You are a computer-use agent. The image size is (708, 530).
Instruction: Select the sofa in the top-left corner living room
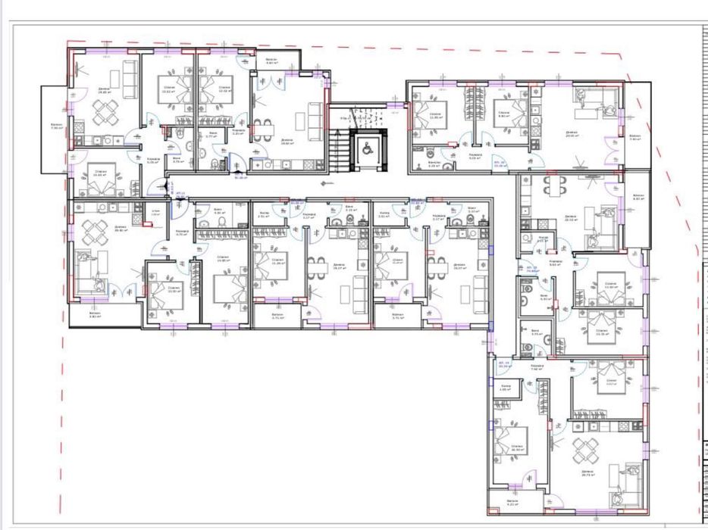click(x=131, y=79)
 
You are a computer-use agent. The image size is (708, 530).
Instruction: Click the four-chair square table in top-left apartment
click(x=105, y=114)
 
